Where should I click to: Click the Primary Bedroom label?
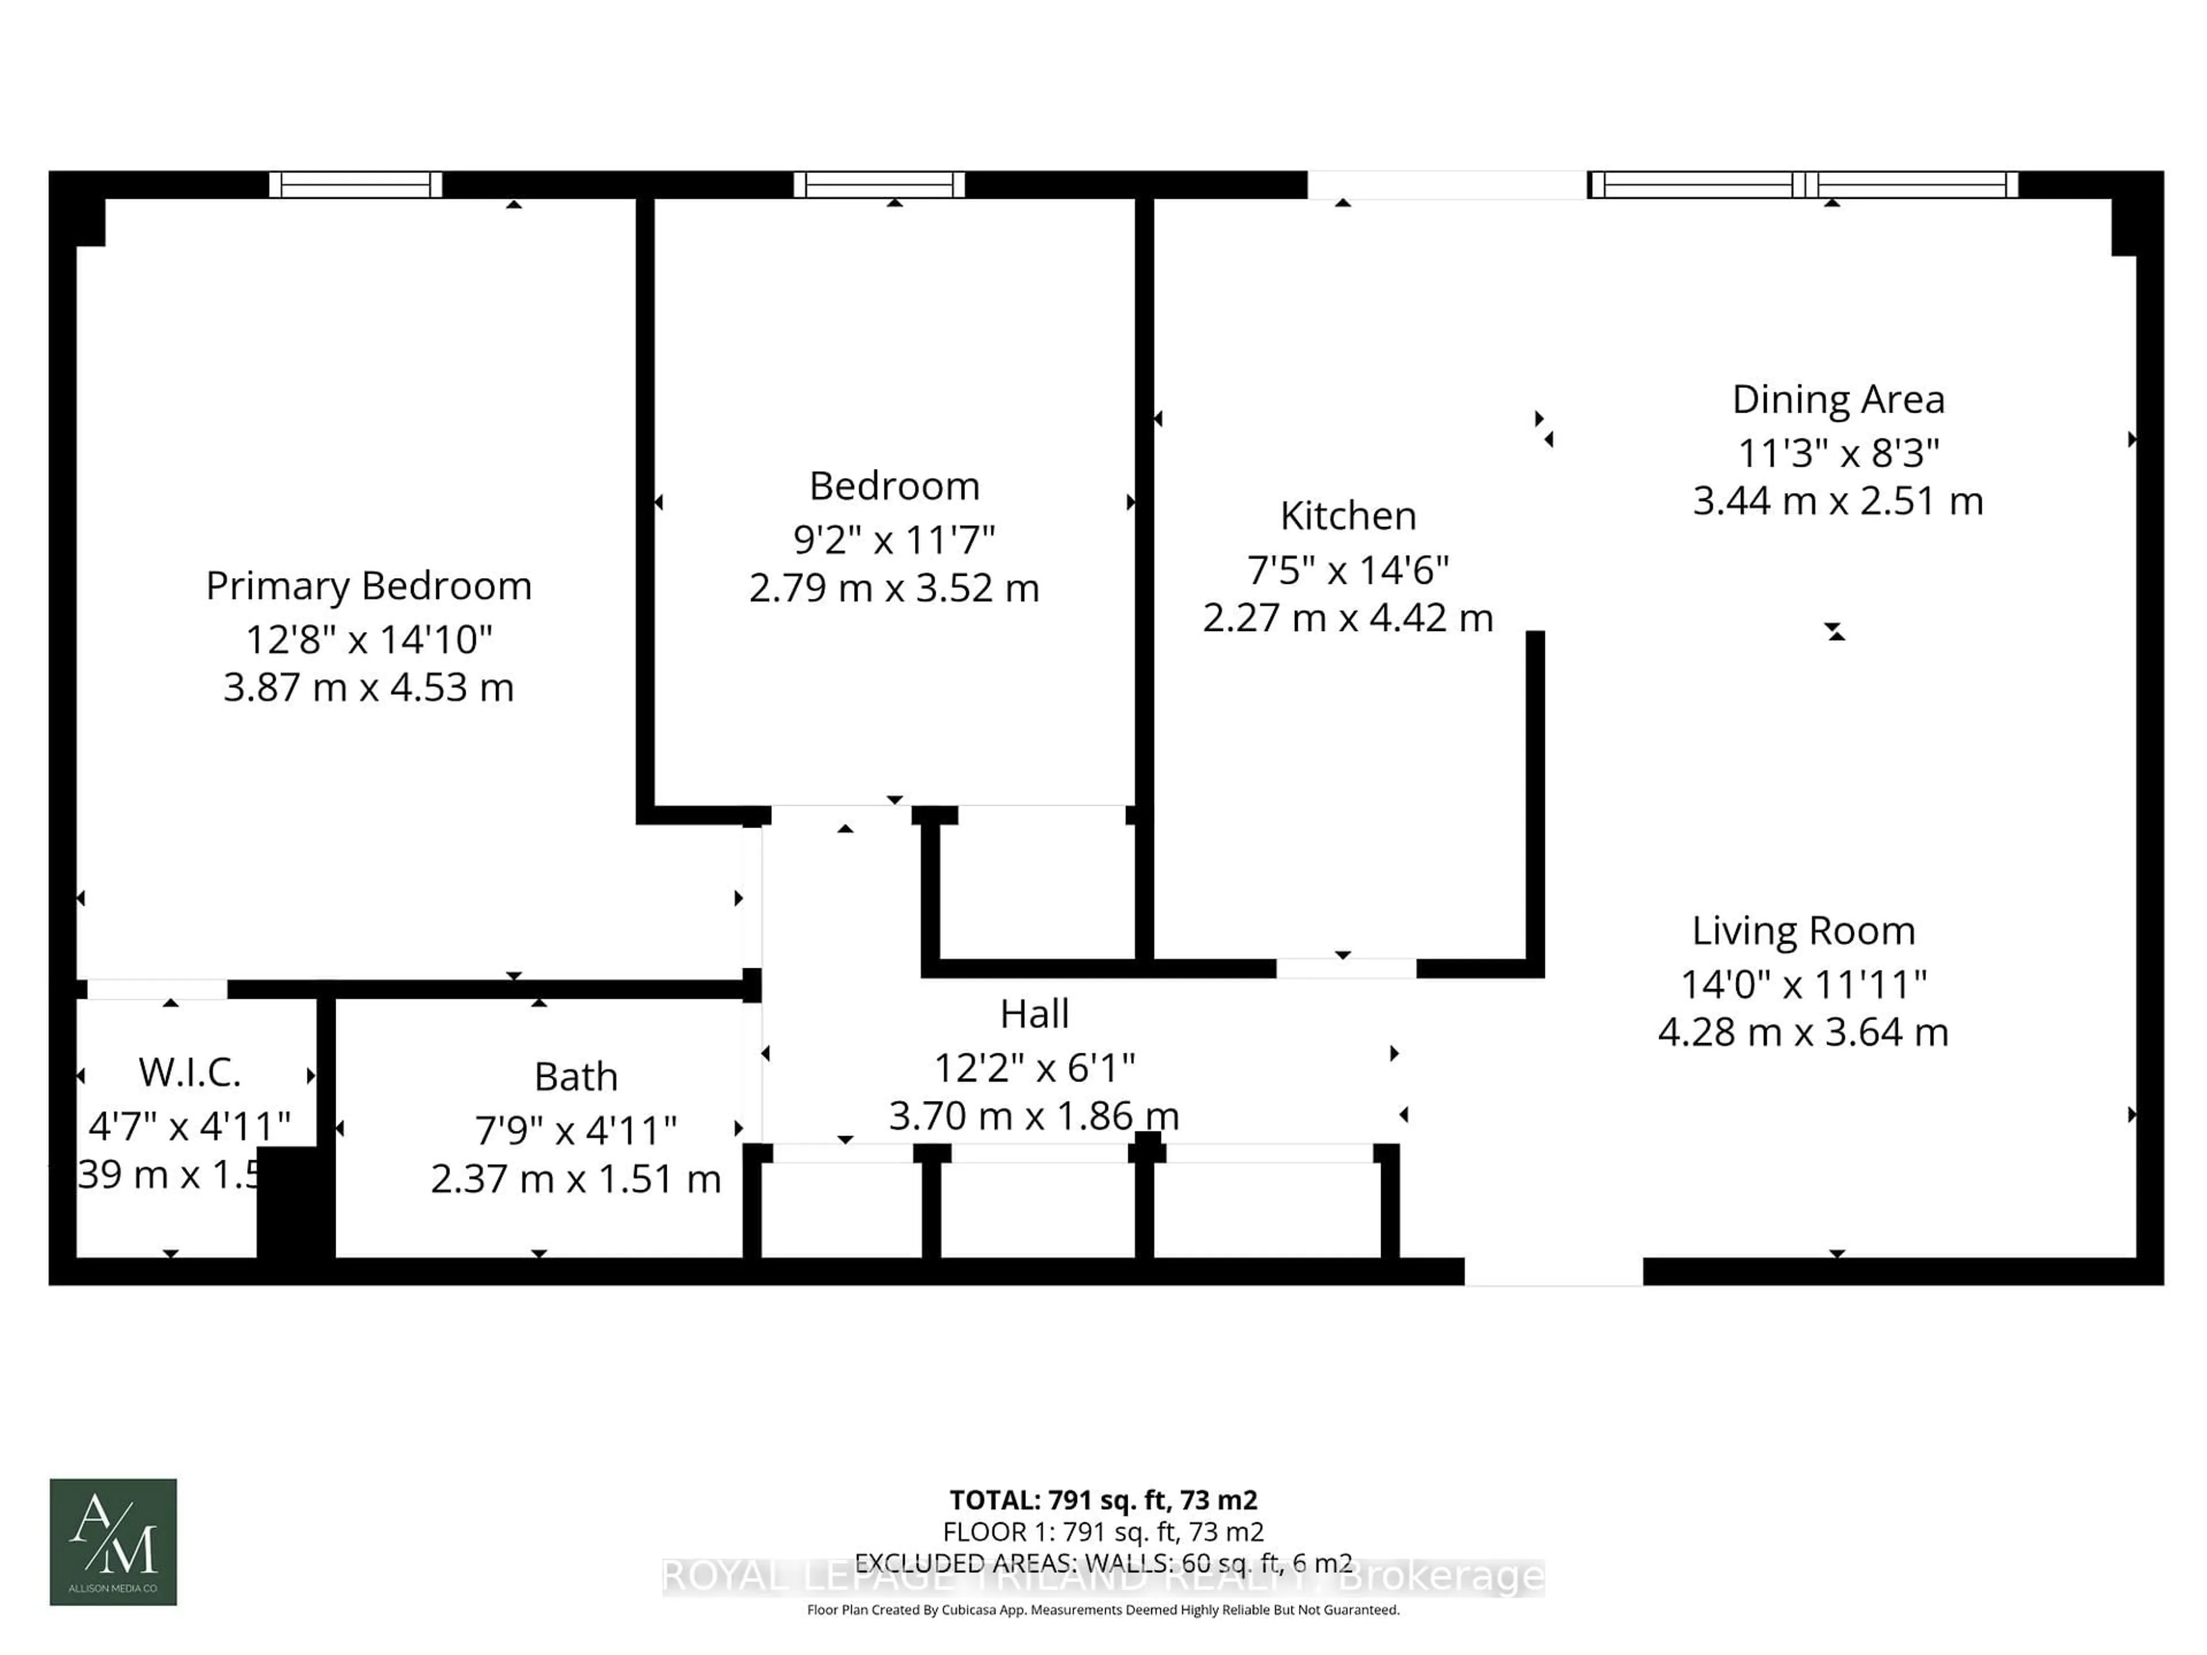coord(368,586)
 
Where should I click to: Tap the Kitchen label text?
coord(1347,516)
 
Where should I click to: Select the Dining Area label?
coord(1838,399)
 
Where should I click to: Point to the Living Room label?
coord(1803,931)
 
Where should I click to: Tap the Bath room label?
coord(576,1076)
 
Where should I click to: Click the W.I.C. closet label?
coord(190,1072)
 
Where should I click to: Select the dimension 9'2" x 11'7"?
coord(894,540)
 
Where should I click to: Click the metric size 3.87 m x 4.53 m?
coord(368,687)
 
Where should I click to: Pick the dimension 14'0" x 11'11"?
coord(1803,984)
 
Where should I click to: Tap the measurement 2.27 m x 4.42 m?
coord(1347,618)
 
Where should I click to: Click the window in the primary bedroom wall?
coord(355,184)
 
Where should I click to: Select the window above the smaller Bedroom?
coord(879,184)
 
